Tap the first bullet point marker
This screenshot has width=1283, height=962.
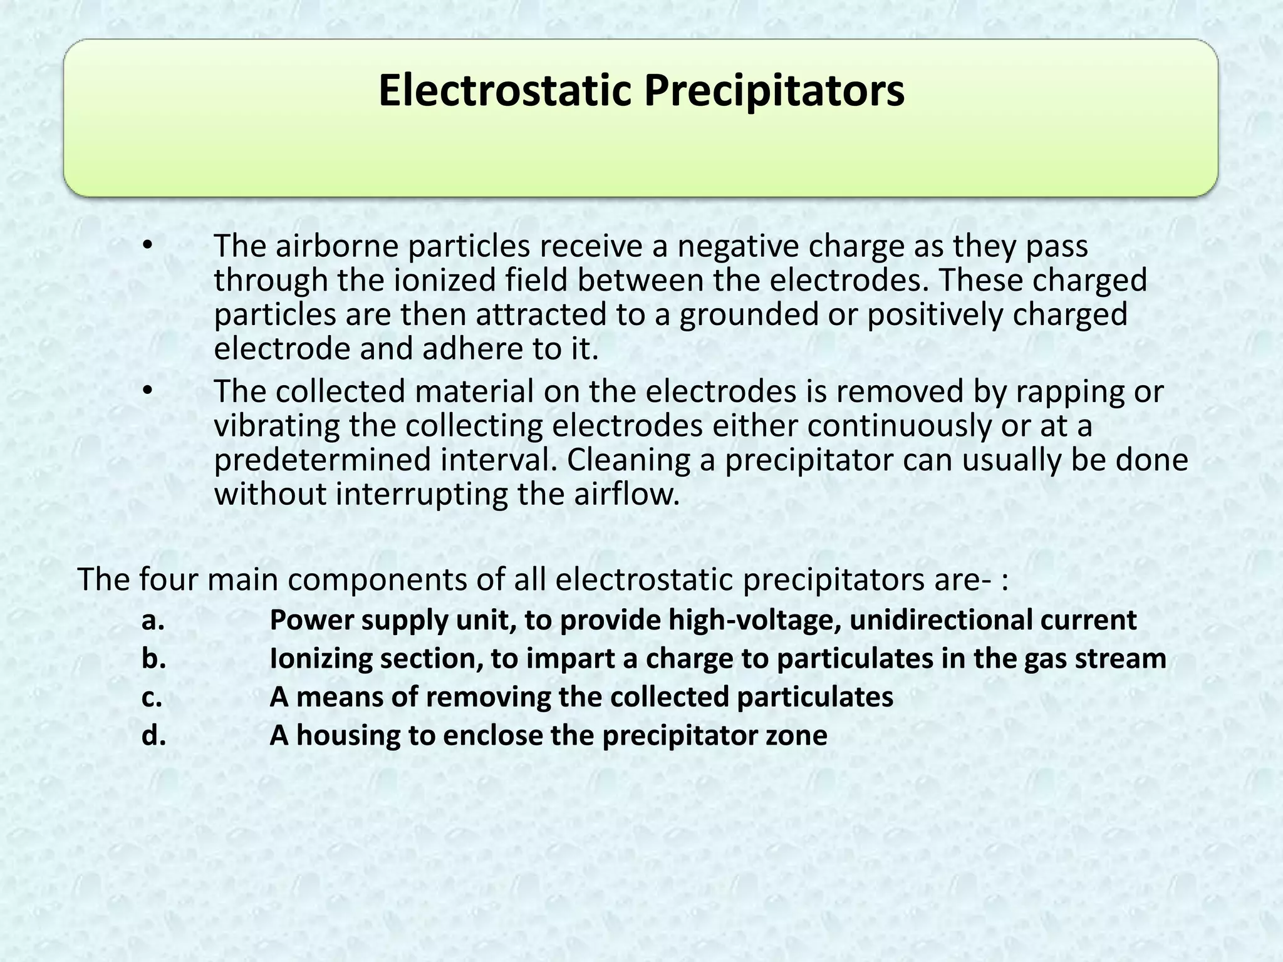(x=147, y=245)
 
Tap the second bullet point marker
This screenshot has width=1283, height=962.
(x=147, y=390)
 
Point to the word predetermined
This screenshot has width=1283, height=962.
(x=323, y=460)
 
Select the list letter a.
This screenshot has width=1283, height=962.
(x=153, y=621)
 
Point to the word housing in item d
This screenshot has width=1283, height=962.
(x=348, y=735)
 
